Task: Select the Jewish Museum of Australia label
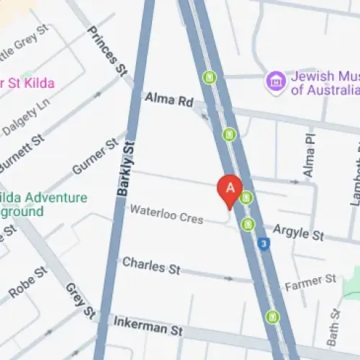(x=323, y=84)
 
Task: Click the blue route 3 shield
(x=265, y=245)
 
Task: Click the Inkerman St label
(x=148, y=327)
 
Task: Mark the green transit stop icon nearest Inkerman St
(x=272, y=315)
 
